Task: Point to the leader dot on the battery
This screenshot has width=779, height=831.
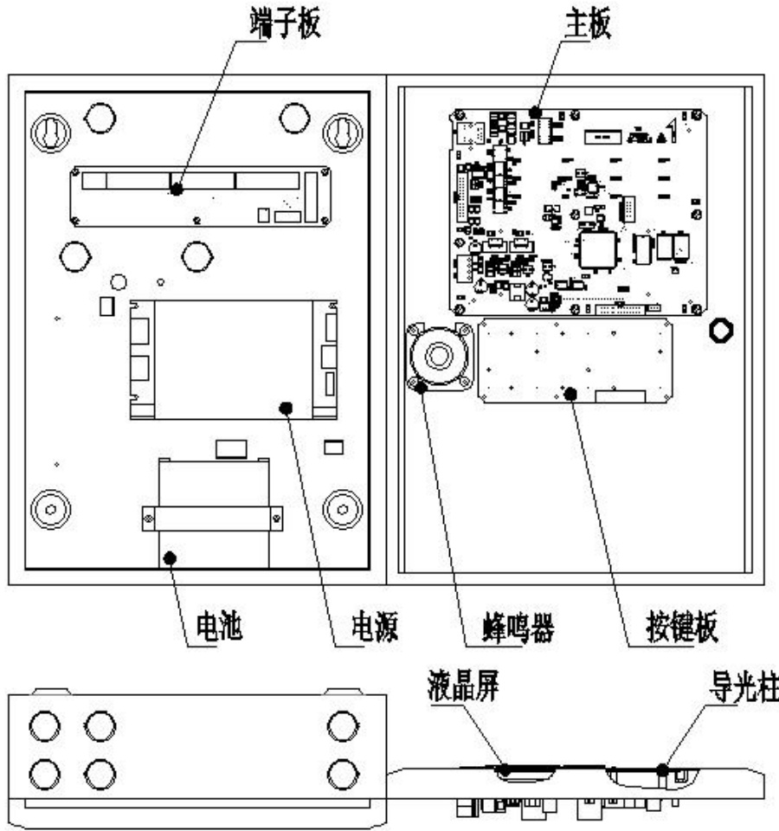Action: click(171, 557)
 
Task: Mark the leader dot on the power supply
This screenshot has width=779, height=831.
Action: click(287, 407)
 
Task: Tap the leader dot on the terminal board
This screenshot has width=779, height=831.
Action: click(177, 188)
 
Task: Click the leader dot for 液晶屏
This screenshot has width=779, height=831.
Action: click(504, 767)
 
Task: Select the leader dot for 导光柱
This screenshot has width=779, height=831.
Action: click(662, 767)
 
